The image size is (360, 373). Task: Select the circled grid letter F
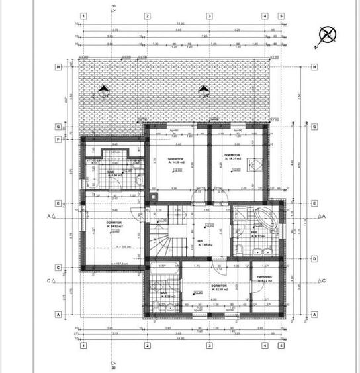58,140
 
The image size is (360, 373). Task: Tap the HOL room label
201,240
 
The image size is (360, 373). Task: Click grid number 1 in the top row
83,15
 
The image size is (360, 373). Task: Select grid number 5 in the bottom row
281,345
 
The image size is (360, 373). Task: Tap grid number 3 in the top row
209,15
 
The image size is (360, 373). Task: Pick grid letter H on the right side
314,67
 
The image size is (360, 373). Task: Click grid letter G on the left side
58,126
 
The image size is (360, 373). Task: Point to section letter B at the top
114,9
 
